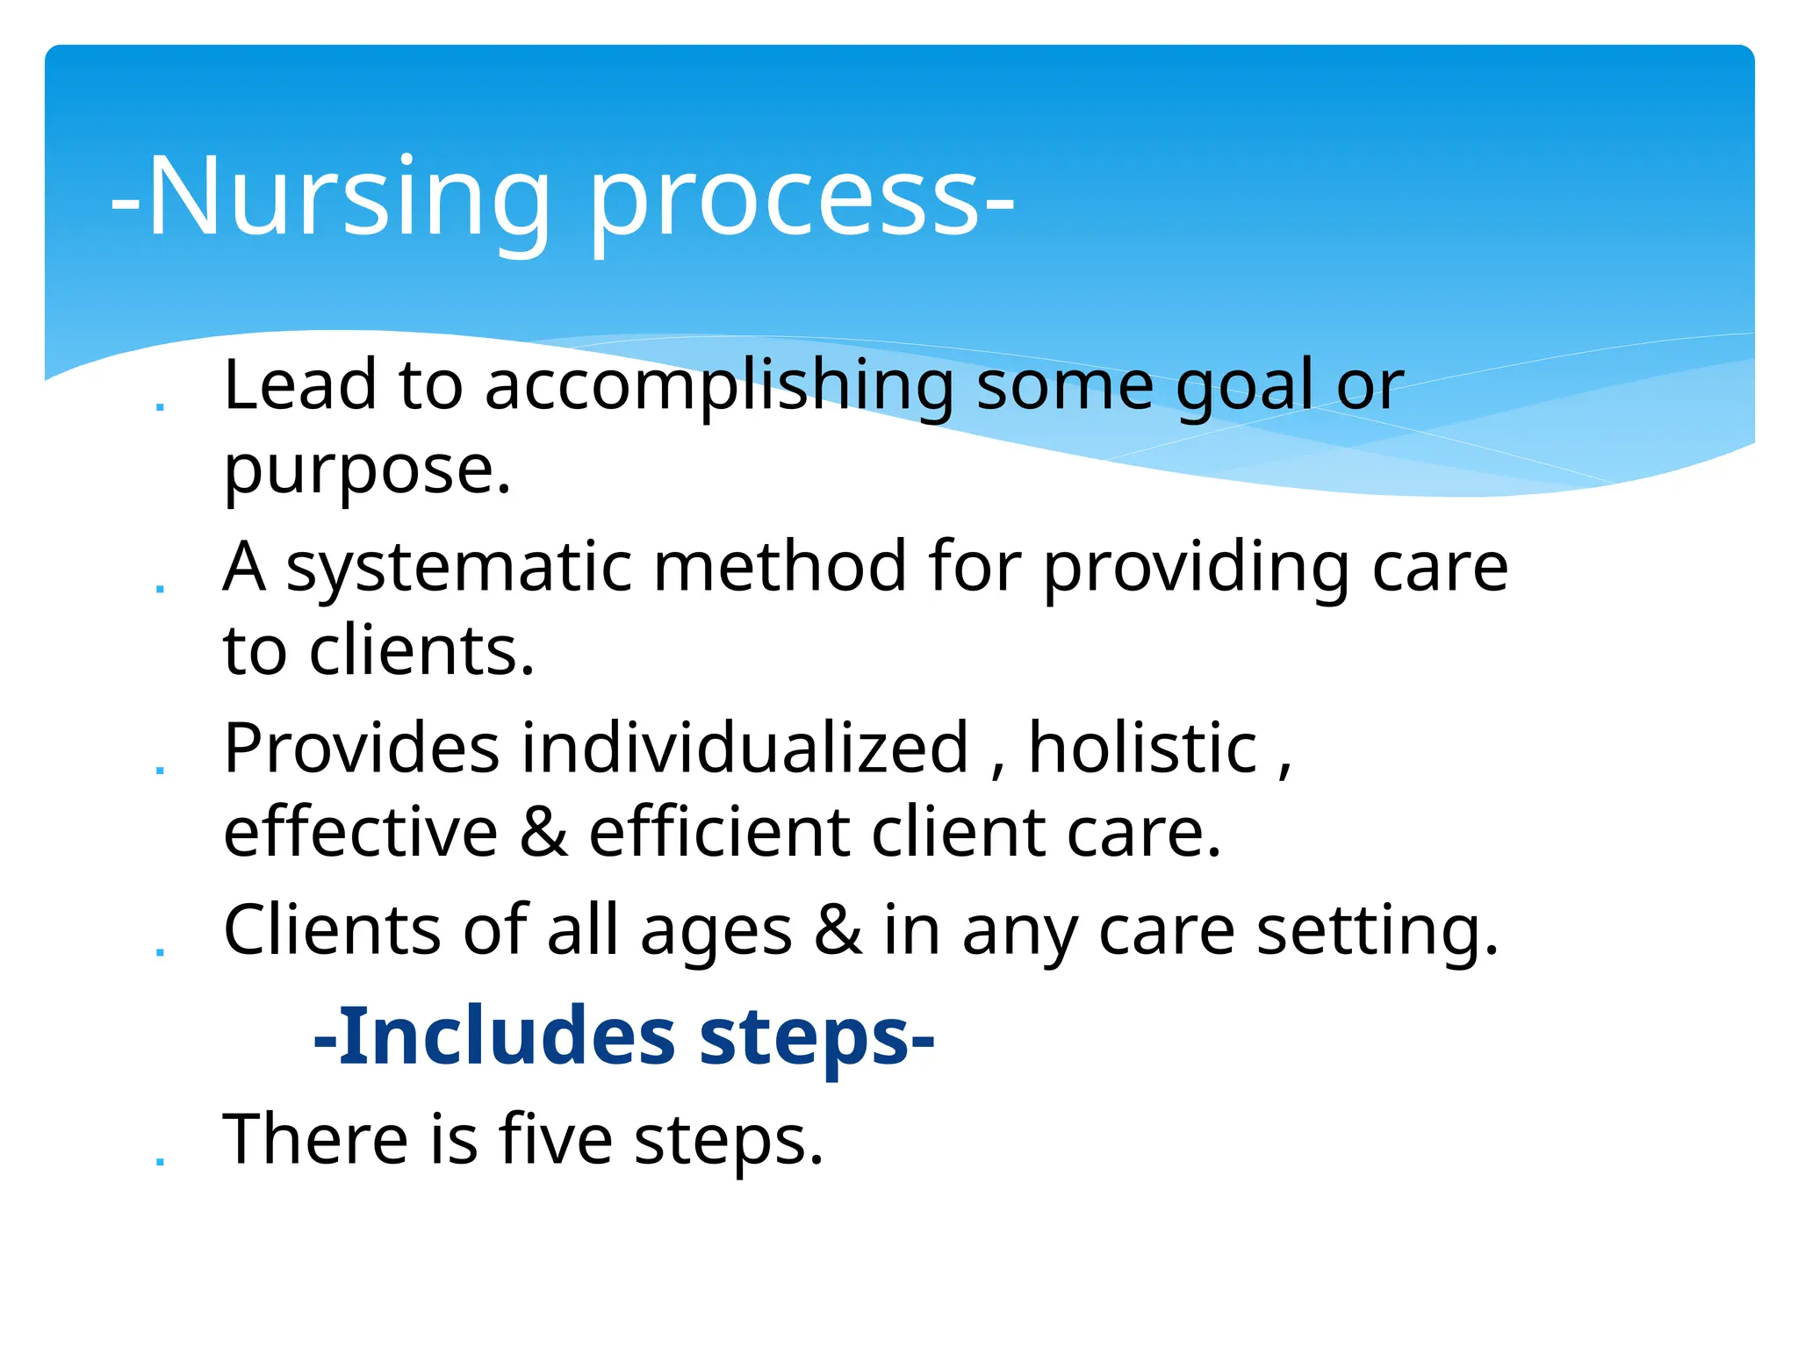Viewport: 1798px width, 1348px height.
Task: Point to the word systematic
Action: point(458,569)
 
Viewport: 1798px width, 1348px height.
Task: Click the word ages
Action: point(716,933)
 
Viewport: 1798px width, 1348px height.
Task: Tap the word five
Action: point(555,1139)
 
